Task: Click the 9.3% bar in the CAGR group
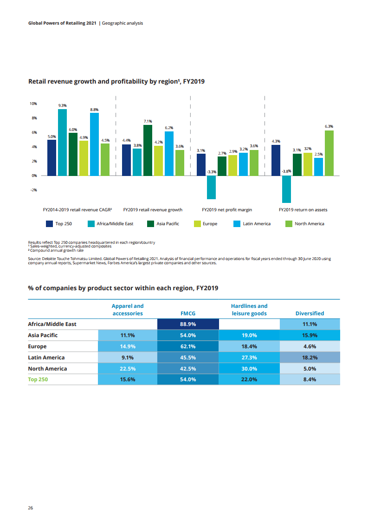pyautogui.click(x=62, y=142)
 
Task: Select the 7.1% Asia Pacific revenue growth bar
pyautogui.click(x=148, y=150)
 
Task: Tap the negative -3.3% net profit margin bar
pyautogui.click(x=212, y=187)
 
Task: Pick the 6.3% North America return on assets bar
pyautogui.click(x=329, y=153)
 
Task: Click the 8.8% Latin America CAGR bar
pyautogui.click(x=94, y=144)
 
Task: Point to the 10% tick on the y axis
pyautogui.click(x=34, y=104)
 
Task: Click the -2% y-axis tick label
pyautogui.click(x=34, y=190)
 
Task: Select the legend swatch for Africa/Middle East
pyautogui.click(x=91, y=224)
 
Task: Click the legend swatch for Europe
pyautogui.click(x=197, y=224)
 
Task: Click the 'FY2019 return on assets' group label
pyautogui.click(x=303, y=210)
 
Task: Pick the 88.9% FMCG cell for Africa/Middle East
pyautogui.click(x=187, y=324)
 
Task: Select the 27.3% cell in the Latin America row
pyautogui.click(x=249, y=358)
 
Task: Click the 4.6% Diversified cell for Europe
pyautogui.click(x=310, y=346)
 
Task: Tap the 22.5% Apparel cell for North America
pyautogui.click(x=127, y=369)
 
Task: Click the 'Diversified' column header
pyautogui.click(x=310, y=313)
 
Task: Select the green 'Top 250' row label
pyautogui.click(x=38, y=379)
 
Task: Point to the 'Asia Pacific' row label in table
pyautogui.click(x=44, y=335)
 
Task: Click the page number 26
pyautogui.click(x=31, y=508)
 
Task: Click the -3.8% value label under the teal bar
pyautogui.click(x=286, y=171)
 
